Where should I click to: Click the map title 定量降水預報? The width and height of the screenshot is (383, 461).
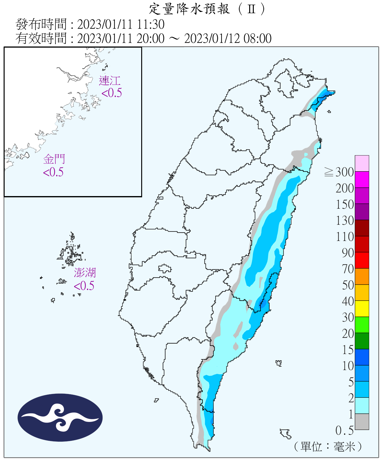click(x=190, y=9)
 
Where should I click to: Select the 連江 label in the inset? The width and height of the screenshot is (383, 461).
click(x=110, y=81)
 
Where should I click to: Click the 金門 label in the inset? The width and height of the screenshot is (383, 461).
click(x=54, y=159)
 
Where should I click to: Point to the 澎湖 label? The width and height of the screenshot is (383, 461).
click(x=85, y=273)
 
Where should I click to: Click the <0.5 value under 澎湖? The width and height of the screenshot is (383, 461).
click(x=84, y=286)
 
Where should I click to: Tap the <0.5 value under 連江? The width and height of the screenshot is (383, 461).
click(x=112, y=93)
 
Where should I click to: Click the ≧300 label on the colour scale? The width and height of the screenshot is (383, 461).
click(x=339, y=172)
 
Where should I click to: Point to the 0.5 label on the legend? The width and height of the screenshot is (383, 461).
click(x=344, y=431)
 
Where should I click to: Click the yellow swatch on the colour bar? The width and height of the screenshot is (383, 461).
click(x=362, y=309)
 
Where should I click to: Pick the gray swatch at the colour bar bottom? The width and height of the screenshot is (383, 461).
click(x=362, y=422)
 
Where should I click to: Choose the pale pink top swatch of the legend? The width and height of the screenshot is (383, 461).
click(x=362, y=163)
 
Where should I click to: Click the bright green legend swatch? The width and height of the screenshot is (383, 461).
click(x=362, y=325)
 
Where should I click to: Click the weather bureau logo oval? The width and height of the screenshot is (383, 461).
click(x=60, y=417)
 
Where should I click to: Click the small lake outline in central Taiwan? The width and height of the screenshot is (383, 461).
click(x=165, y=269)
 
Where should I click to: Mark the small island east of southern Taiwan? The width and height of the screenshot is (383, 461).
click(x=279, y=363)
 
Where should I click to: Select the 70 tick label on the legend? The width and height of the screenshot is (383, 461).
click(x=348, y=269)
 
